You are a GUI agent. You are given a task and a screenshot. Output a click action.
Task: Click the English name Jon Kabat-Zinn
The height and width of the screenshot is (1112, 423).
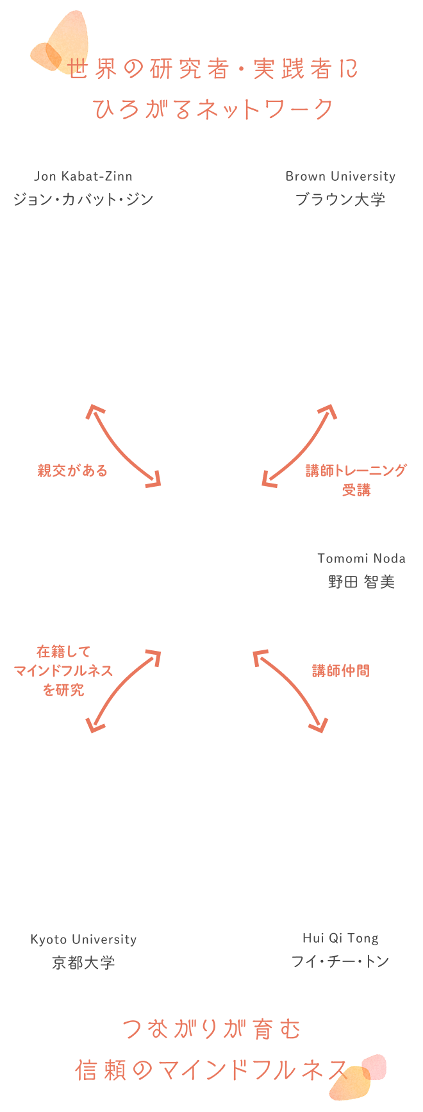[83, 176]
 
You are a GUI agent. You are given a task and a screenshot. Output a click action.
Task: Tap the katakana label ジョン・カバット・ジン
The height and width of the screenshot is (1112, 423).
[83, 199]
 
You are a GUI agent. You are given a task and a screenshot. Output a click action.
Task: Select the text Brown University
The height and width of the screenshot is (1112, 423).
[340, 176]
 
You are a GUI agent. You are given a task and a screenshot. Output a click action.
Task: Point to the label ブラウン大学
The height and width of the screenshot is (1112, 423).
[340, 199]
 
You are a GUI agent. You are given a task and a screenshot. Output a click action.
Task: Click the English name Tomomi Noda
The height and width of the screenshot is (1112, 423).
[361, 558]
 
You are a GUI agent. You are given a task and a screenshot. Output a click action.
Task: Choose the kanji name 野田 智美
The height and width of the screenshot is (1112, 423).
[361, 582]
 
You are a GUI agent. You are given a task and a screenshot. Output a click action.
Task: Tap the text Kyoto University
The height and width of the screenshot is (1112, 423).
[83, 939]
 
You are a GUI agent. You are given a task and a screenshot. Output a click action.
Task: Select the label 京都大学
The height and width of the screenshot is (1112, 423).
[83, 963]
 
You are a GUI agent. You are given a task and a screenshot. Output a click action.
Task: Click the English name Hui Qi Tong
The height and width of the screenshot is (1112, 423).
[340, 938]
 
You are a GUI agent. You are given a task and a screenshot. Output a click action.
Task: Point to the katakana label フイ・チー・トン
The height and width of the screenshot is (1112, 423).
[340, 961]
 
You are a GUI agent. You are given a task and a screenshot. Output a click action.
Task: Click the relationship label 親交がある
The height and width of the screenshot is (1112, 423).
[72, 471]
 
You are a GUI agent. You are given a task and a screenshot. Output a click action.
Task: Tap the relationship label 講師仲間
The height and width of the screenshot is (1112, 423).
[341, 671]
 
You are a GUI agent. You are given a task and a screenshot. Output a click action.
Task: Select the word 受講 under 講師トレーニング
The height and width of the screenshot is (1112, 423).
[356, 490]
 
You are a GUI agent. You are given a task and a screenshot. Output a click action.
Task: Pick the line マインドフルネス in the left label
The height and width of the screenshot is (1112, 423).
[63, 671]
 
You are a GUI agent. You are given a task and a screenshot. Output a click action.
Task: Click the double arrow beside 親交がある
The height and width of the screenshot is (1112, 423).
[124, 446]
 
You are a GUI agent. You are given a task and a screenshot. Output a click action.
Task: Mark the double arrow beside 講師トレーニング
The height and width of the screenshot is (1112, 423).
[299, 446]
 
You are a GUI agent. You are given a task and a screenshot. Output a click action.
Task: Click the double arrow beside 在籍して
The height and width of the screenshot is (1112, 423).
[124, 691]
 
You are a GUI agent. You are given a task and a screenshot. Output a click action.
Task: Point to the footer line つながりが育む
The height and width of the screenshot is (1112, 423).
[211, 1030]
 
